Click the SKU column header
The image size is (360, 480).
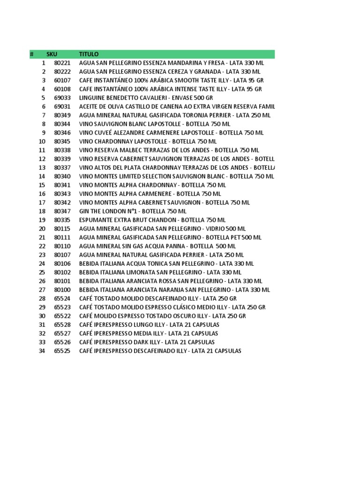click(52, 54)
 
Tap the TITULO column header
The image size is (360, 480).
click(89, 54)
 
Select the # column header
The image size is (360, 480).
click(31, 54)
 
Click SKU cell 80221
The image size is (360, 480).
click(62, 63)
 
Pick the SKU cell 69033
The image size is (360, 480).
click(62, 98)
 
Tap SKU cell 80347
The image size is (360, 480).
click(62, 211)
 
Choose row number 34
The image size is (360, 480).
click(42, 351)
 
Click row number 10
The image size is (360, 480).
click(42, 142)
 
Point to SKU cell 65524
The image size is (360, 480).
click(62, 299)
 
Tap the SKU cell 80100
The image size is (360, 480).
click(62, 290)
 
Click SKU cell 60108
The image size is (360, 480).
click(62, 89)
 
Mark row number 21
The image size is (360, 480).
click(42, 238)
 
